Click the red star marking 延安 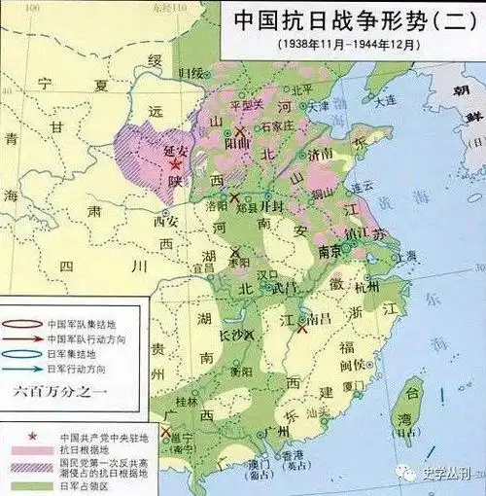(175, 167)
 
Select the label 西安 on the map (168, 221)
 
